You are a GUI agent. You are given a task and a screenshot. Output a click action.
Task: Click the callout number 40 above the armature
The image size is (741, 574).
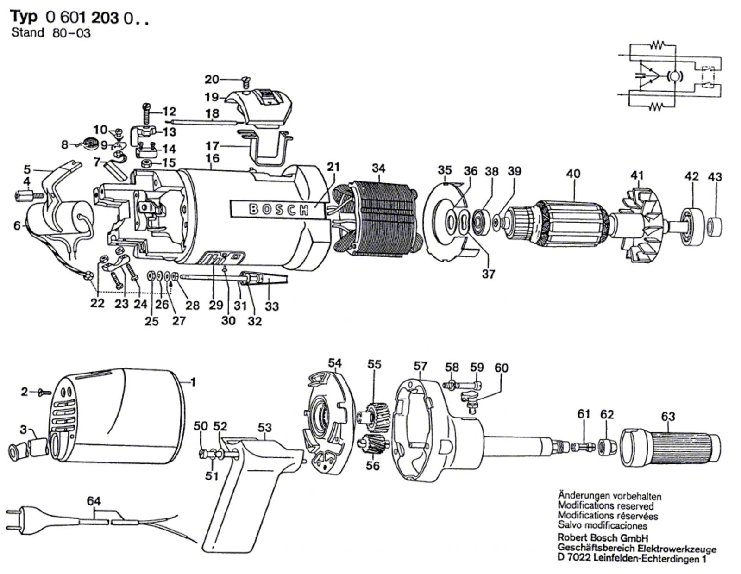[x=573, y=174]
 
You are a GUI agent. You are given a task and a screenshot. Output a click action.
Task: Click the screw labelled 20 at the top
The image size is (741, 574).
[x=246, y=81]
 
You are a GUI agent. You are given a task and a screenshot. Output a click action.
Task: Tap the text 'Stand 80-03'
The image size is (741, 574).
[x=51, y=33]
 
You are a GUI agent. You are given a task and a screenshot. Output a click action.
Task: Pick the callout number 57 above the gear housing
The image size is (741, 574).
[x=420, y=367]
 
